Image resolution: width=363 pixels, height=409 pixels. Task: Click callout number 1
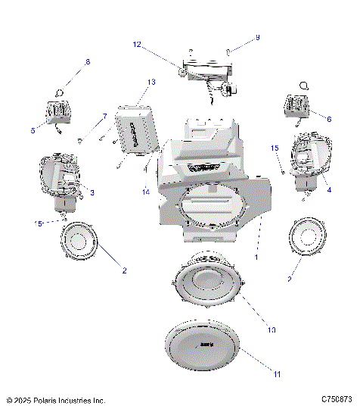(258, 257)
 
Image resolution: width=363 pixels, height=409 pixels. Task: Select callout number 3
(92, 192)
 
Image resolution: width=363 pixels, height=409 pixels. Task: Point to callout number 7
(104, 116)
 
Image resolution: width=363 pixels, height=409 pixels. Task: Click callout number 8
(87, 61)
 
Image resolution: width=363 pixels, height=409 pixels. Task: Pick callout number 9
(257, 37)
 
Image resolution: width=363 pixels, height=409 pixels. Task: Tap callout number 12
(137, 45)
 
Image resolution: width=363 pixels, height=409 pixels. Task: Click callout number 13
(151, 82)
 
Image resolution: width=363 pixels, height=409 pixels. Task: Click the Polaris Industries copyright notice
(55, 399)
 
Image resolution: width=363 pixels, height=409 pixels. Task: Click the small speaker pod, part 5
(57, 112)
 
